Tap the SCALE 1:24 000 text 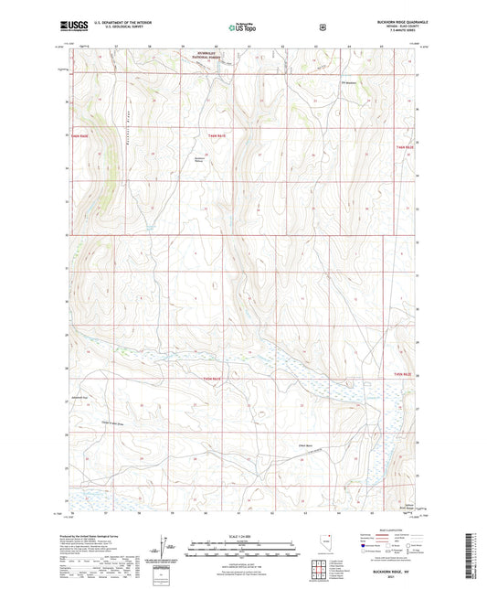click(x=243, y=535)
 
